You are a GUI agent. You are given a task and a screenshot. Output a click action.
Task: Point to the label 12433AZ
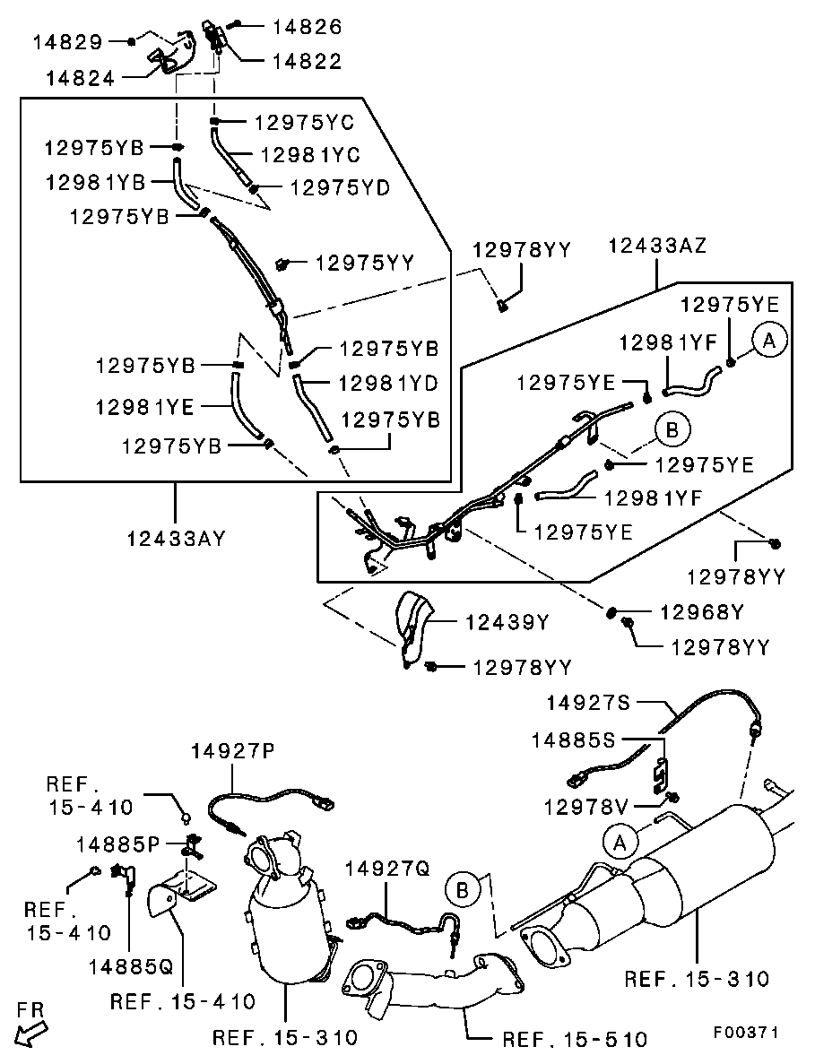657,246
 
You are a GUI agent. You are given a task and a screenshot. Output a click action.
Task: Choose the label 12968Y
702,612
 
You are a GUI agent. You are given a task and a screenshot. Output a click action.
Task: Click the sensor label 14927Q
387,869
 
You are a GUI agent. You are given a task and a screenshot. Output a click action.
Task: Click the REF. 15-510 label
574,1039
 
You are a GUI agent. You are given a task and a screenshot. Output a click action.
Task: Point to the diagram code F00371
746,1032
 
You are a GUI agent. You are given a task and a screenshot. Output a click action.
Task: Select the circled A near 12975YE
768,340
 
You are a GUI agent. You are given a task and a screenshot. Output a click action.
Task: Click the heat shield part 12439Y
412,627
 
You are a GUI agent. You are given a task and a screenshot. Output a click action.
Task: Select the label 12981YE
144,407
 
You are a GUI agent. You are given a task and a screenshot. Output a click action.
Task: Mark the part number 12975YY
364,263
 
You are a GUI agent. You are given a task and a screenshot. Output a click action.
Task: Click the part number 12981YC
310,155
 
